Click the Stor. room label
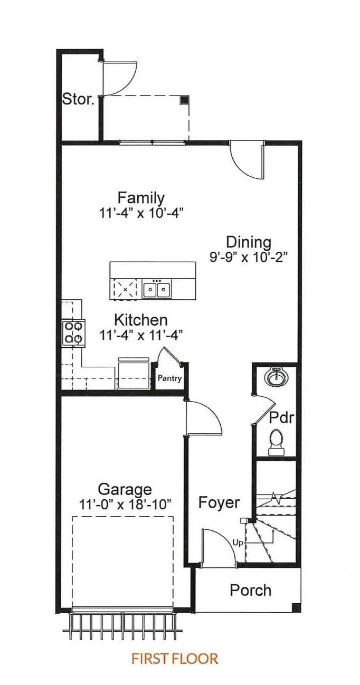click(x=78, y=99)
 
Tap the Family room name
click(x=141, y=198)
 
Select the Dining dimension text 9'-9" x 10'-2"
click(x=249, y=257)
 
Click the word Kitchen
click(x=141, y=320)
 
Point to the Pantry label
click(x=169, y=378)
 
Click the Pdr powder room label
click(x=281, y=418)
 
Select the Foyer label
click(x=219, y=503)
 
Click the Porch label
click(x=251, y=590)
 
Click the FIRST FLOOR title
click(x=175, y=658)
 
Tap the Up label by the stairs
click(x=238, y=543)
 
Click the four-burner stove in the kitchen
click(x=73, y=332)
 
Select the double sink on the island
click(x=157, y=288)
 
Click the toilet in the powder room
click(x=276, y=442)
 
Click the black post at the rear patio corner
click(x=184, y=100)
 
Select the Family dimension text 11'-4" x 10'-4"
click(x=141, y=213)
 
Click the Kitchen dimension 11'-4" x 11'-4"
click(x=141, y=336)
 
